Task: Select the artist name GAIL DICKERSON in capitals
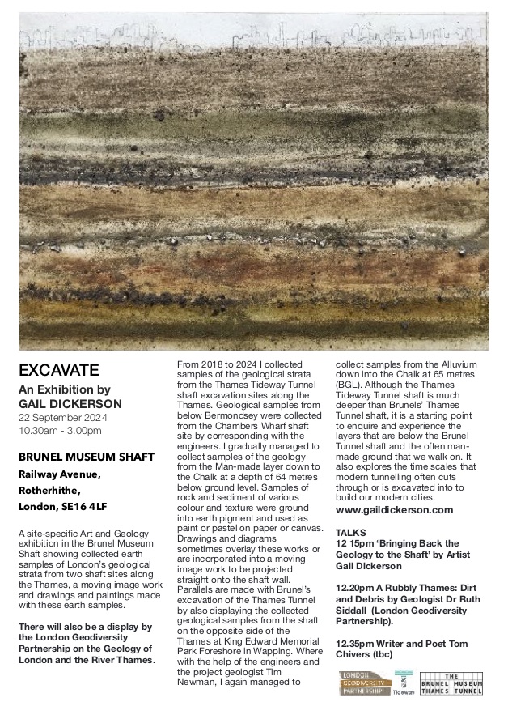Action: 70,403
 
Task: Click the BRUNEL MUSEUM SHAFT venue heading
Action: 86,457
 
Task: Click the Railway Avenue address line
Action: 60,474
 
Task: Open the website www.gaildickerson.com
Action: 393,511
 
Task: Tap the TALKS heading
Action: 349,532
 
